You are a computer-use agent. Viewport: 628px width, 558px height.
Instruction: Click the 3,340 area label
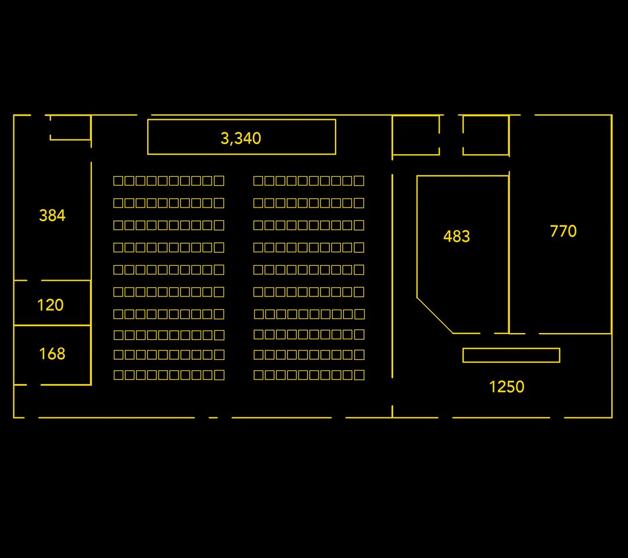point(241,138)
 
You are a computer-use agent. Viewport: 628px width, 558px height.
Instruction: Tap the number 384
point(52,216)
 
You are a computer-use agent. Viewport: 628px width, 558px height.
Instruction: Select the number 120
point(50,305)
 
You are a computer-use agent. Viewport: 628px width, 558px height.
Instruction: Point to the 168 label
point(52,354)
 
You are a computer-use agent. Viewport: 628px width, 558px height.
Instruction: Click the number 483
point(456,236)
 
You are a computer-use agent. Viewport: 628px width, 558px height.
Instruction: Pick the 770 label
point(563,231)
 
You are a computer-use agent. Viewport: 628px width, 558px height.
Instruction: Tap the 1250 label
point(506,387)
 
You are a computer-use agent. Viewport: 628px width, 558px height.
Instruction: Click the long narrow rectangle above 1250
point(511,355)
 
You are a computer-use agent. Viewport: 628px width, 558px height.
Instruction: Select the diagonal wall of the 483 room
point(435,316)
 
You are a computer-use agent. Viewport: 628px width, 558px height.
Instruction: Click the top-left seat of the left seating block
point(119,181)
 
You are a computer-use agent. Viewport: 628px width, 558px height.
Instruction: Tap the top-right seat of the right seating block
point(359,181)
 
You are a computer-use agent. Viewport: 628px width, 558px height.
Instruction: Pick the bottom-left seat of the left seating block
point(119,375)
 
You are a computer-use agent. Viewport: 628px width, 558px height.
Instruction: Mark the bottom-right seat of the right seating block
point(359,375)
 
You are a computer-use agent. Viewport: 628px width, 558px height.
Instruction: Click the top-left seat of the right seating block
point(259,181)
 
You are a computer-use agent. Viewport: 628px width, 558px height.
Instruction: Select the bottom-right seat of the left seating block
point(219,375)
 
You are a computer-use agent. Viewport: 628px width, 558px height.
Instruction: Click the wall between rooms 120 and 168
point(52,325)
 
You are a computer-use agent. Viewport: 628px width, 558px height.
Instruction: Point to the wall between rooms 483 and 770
point(509,252)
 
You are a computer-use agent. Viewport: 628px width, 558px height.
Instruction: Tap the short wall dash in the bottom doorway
point(213,417)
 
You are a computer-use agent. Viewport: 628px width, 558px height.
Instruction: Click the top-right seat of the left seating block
point(219,181)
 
